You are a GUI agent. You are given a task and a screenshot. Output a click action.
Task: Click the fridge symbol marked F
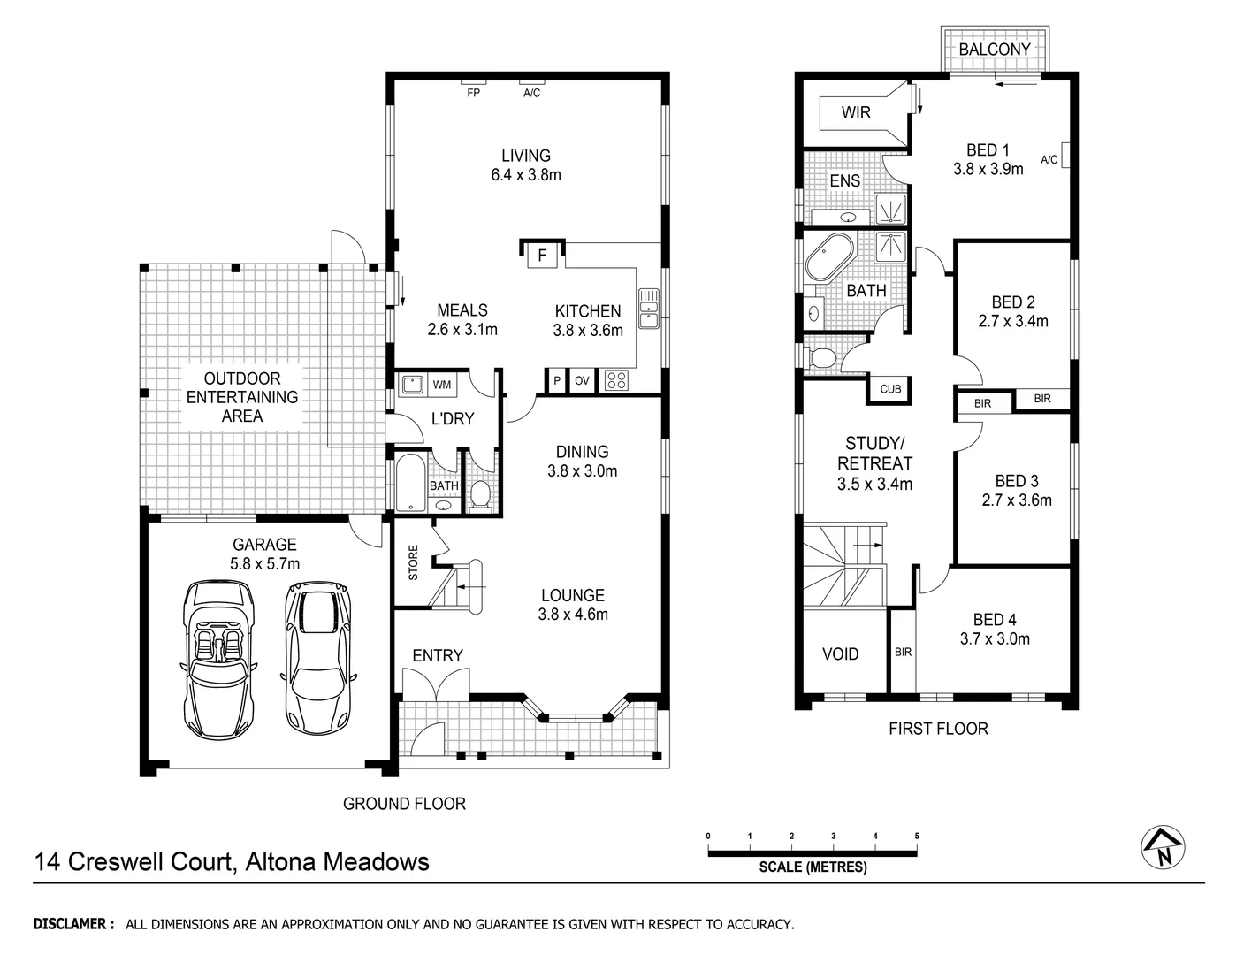(x=543, y=256)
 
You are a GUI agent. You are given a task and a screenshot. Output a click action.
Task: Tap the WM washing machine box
(x=442, y=385)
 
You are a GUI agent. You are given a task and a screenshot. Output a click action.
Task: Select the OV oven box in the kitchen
(x=582, y=381)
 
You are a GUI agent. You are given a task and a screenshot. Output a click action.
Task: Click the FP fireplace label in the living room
(x=473, y=93)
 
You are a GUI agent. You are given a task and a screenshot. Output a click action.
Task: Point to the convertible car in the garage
(x=218, y=659)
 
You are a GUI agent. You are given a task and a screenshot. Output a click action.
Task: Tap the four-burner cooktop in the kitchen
(x=616, y=381)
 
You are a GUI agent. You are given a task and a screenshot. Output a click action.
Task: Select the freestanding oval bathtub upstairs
(x=828, y=257)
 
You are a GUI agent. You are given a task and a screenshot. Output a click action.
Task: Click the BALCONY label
(x=995, y=50)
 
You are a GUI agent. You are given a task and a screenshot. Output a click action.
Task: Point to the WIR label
(x=855, y=112)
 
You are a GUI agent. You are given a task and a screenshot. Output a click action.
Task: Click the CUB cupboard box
(x=890, y=389)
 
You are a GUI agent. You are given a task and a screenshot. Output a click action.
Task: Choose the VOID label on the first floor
(x=840, y=654)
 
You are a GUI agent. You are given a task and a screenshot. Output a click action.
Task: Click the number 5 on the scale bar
(x=917, y=836)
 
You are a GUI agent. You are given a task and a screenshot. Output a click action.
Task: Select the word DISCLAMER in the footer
(x=73, y=924)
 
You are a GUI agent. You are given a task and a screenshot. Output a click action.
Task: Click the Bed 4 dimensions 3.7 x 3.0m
(x=995, y=639)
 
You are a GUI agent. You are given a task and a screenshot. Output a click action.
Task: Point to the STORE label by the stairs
(x=413, y=563)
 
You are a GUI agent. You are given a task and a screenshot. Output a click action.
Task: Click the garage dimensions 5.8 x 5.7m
(x=264, y=564)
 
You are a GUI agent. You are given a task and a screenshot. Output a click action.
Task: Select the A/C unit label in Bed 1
(x=1049, y=160)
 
